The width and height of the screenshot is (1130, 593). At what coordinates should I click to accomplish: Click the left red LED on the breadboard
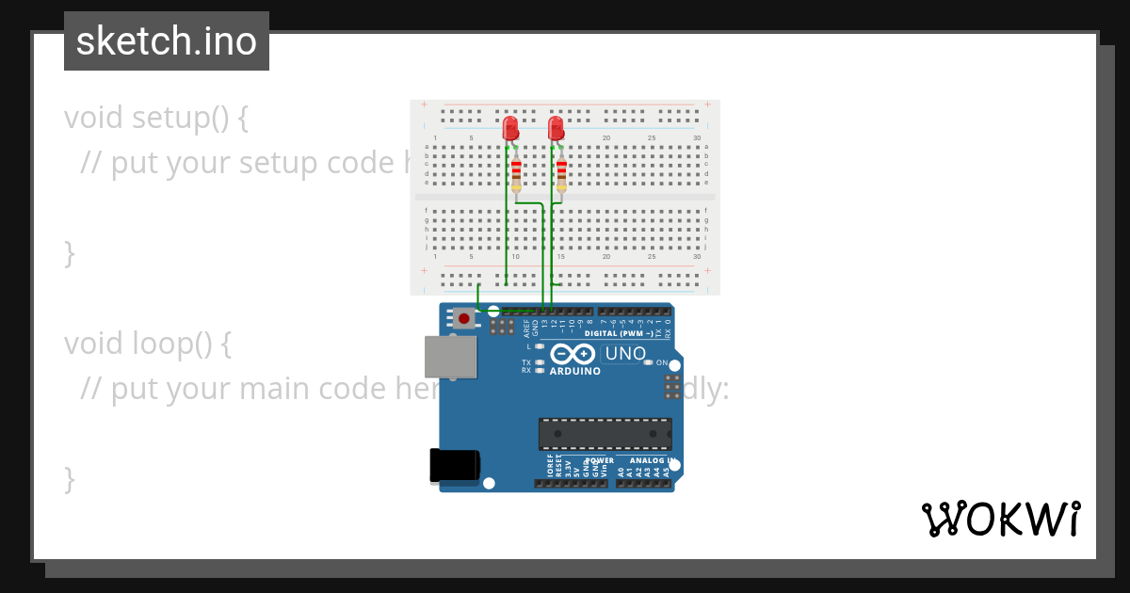[510, 128]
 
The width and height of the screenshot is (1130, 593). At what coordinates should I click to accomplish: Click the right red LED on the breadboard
[556, 128]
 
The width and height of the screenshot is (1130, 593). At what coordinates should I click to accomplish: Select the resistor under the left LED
[516, 175]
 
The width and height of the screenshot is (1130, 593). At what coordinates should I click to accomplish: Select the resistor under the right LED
[561, 175]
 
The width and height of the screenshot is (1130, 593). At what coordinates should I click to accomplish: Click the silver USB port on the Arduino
[450, 358]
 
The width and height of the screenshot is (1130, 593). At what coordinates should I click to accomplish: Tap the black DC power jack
[454, 466]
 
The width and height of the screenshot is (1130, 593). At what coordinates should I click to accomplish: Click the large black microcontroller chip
[605, 434]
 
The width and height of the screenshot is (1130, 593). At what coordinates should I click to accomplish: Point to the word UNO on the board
[625, 355]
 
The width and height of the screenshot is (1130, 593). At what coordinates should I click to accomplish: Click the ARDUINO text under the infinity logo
[575, 371]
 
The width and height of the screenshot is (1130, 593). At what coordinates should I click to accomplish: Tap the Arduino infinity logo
[573, 354]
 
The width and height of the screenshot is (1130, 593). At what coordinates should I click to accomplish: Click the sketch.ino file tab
[167, 41]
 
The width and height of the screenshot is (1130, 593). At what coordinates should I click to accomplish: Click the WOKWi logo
[1001, 519]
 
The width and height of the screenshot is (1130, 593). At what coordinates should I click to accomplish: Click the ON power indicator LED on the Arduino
[648, 363]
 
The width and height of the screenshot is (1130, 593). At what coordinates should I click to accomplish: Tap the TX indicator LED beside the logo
[540, 362]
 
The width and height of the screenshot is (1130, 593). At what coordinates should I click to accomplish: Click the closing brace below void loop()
[69, 478]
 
